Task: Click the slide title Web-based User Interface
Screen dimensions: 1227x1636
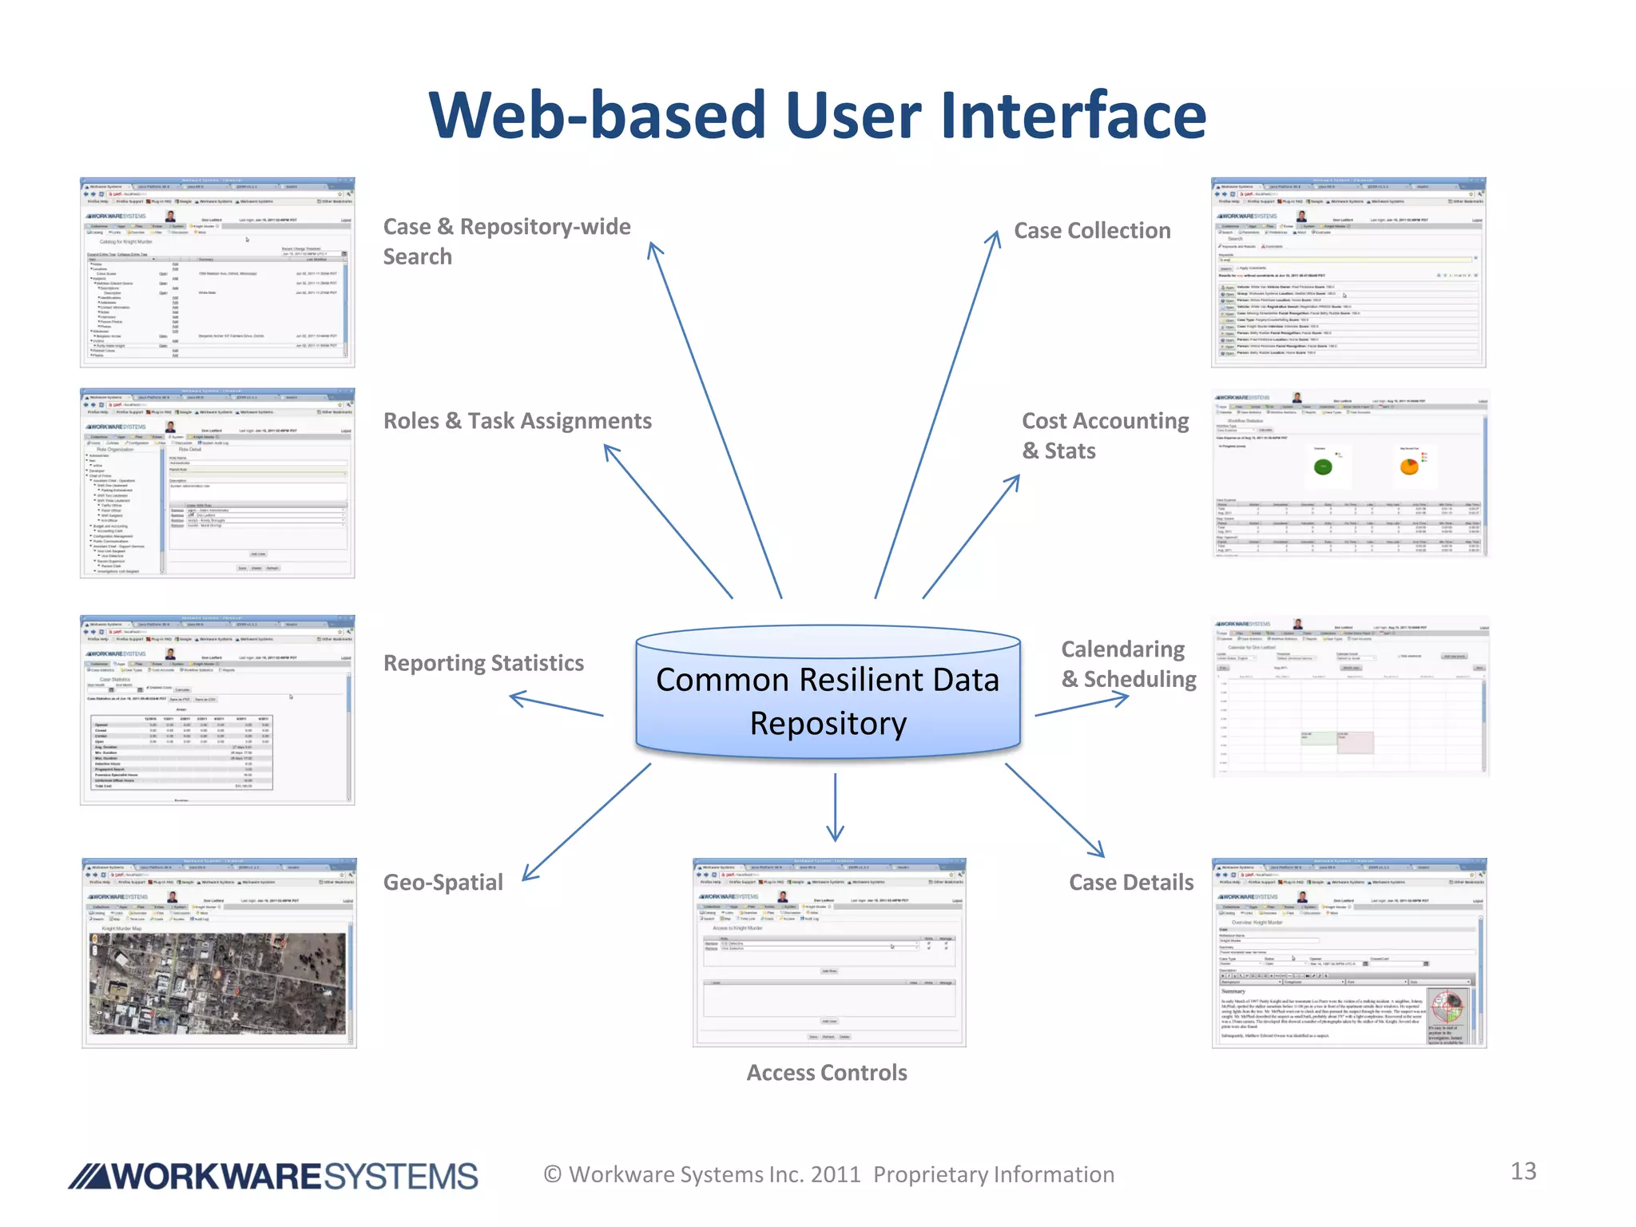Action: pyautogui.click(x=817, y=116)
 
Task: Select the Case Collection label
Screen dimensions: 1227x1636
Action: pyautogui.click(x=1091, y=231)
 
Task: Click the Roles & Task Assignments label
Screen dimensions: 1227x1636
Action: pyautogui.click(x=517, y=421)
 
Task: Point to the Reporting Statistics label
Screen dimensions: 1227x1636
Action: pyautogui.click(x=483, y=663)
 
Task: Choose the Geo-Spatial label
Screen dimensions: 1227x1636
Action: pyautogui.click(x=443, y=882)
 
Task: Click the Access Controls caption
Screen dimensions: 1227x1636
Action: pyautogui.click(x=827, y=1072)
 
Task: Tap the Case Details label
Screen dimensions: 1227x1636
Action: pyautogui.click(x=1130, y=882)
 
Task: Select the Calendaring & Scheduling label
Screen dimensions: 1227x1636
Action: pyautogui.click(x=1128, y=664)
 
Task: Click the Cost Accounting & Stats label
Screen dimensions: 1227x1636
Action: pyautogui.click(x=1105, y=435)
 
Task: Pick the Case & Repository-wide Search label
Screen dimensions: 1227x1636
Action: pyautogui.click(x=506, y=241)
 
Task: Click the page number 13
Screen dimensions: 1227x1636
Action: pyautogui.click(x=1523, y=1171)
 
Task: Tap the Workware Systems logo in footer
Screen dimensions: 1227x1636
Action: pyautogui.click(x=273, y=1176)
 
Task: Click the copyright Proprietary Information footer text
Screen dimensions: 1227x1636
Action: pyautogui.click(x=828, y=1174)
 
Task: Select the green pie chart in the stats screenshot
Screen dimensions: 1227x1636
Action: pyautogui.click(x=1323, y=467)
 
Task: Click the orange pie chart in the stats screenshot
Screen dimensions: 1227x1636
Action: pyautogui.click(x=1409, y=466)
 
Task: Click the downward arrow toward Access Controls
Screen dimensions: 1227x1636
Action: pyautogui.click(x=835, y=807)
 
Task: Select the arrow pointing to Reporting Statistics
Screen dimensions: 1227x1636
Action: pyautogui.click(x=556, y=705)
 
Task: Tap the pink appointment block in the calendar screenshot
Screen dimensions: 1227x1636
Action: pyautogui.click(x=1356, y=742)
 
